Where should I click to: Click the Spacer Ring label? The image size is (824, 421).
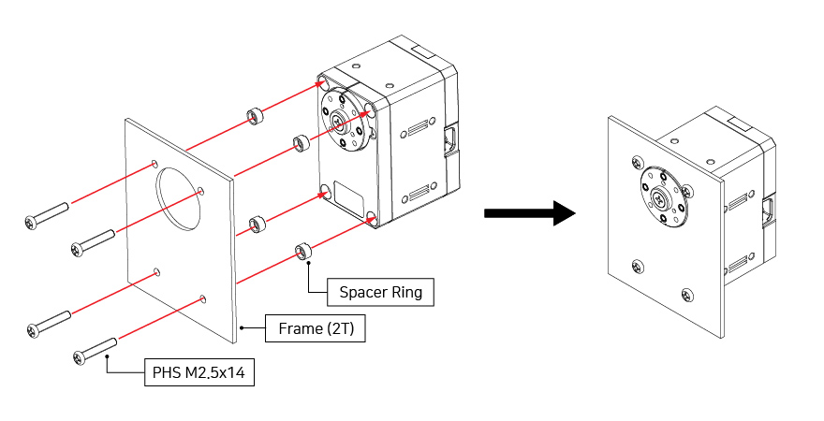coord(381,292)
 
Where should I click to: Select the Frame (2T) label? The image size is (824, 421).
coord(314,329)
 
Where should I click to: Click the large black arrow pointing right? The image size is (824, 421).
coord(529,213)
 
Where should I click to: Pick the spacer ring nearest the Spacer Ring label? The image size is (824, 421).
coord(302,252)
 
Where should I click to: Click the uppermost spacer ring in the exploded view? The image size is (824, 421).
coord(253,117)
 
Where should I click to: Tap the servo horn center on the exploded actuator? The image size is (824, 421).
coord(339,120)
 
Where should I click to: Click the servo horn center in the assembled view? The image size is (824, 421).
coord(661,198)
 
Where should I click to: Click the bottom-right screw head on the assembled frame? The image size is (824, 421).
coord(688,296)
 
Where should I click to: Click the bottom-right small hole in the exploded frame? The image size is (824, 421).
coord(203,299)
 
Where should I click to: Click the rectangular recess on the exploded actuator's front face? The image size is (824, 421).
coord(349,199)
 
